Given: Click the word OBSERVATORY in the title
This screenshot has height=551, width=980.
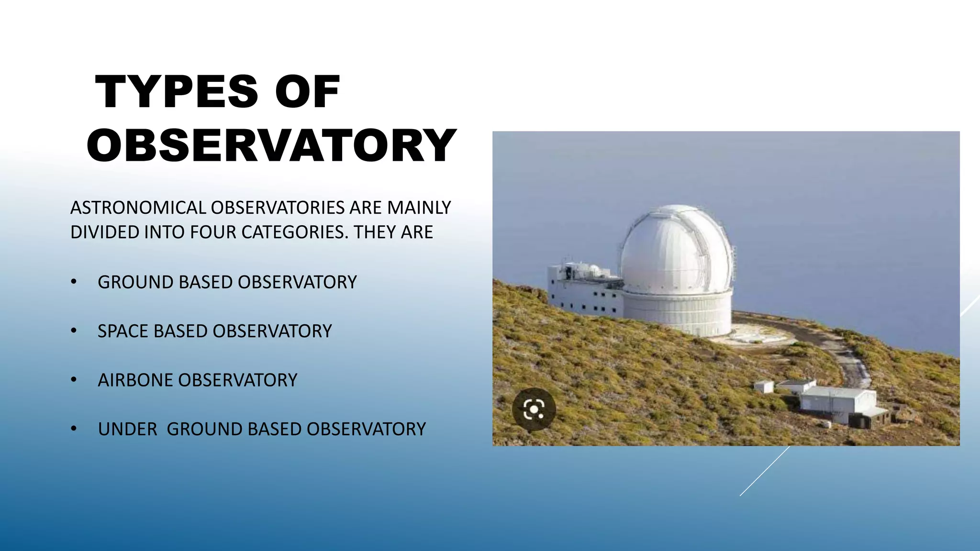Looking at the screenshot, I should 271,146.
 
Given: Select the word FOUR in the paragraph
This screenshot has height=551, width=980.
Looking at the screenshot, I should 213,232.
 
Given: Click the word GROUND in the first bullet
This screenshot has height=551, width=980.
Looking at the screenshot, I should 135,282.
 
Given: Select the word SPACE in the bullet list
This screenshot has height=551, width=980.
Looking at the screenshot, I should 122,331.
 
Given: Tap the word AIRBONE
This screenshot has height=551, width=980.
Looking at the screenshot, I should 135,380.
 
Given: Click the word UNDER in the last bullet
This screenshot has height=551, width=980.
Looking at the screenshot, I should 127,430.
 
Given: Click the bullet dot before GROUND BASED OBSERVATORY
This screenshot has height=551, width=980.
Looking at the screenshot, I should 73,282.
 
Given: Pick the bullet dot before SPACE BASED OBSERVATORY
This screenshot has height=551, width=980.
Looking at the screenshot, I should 73,331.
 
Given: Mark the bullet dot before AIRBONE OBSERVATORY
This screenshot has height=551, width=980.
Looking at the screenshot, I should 73,380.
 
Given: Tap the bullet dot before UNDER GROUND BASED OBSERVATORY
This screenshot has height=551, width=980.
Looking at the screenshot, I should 73,429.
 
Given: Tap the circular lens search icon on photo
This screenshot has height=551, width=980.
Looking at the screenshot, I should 534,409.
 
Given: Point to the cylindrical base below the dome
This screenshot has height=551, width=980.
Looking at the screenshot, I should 677,313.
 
